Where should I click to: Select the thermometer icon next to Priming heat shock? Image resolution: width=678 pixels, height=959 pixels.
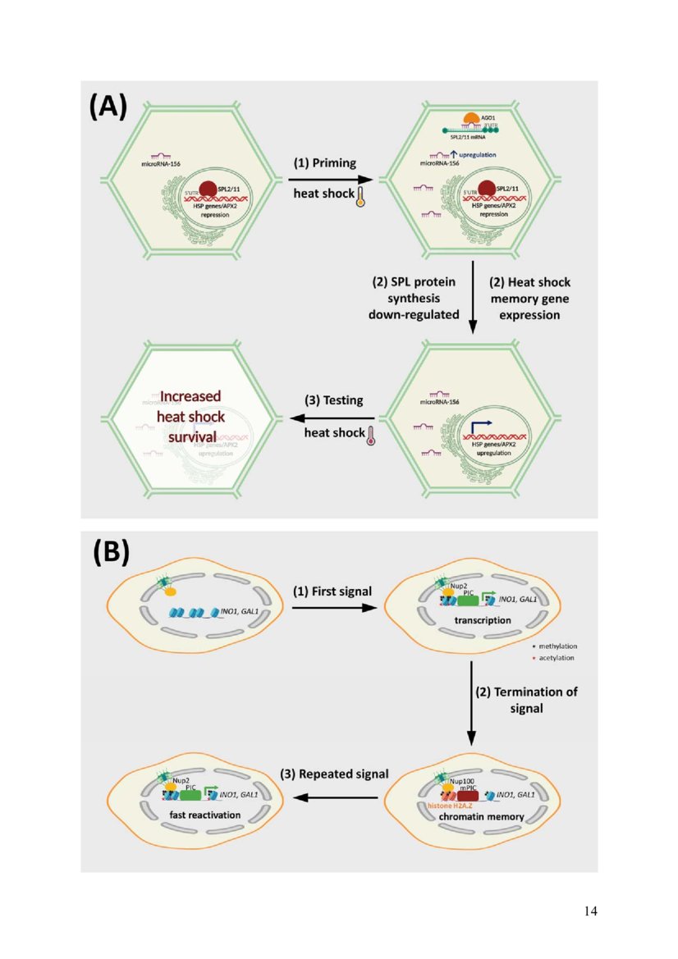[x=360, y=198]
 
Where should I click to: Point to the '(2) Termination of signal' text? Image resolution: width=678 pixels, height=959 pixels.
[x=527, y=699]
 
